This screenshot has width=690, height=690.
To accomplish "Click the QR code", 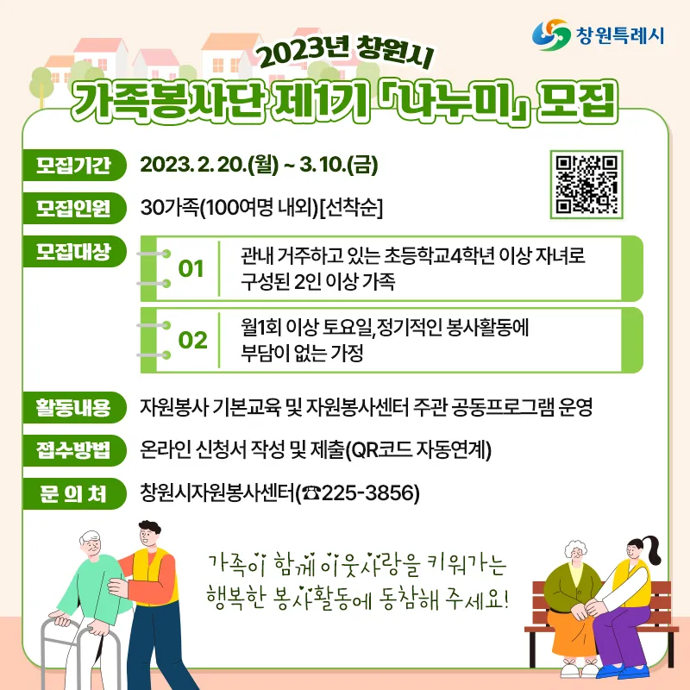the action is tap(586, 185).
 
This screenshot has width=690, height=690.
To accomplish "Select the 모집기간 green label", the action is tap(74, 165).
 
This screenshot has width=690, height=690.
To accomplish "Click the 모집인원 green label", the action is tap(74, 208).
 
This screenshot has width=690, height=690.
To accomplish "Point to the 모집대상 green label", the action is tap(74, 251).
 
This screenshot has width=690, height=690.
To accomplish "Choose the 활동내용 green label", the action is tap(74, 407).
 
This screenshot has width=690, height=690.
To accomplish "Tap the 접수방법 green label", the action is tap(74, 450).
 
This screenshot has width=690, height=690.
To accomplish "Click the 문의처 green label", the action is tap(74, 493).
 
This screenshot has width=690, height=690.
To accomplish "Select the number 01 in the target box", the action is tap(191, 269).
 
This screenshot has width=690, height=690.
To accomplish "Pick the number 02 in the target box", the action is tap(192, 340).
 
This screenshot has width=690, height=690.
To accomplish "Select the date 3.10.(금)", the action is tap(339, 165).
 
